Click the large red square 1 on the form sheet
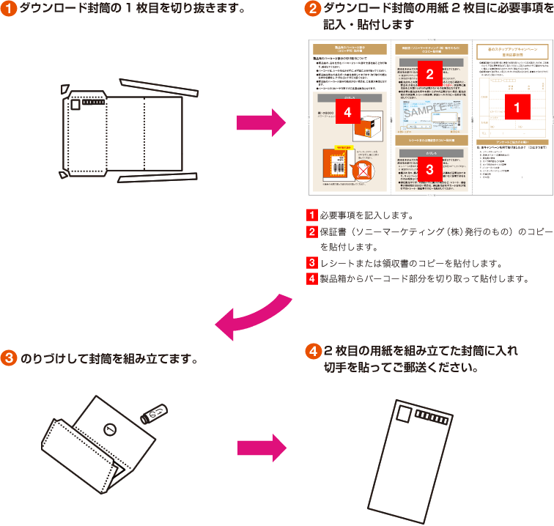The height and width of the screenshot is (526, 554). (x=518, y=107)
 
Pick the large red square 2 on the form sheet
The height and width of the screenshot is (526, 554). (x=430, y=73)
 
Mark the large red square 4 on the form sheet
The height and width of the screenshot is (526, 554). (x=348, y=112)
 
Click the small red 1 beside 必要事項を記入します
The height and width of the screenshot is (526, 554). (x=312, y=216)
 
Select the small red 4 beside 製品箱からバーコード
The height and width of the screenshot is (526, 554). (x=312, y=279)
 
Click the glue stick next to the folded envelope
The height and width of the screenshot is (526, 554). (x=155, y=415)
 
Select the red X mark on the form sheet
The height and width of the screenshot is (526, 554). (x=361, y=171)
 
